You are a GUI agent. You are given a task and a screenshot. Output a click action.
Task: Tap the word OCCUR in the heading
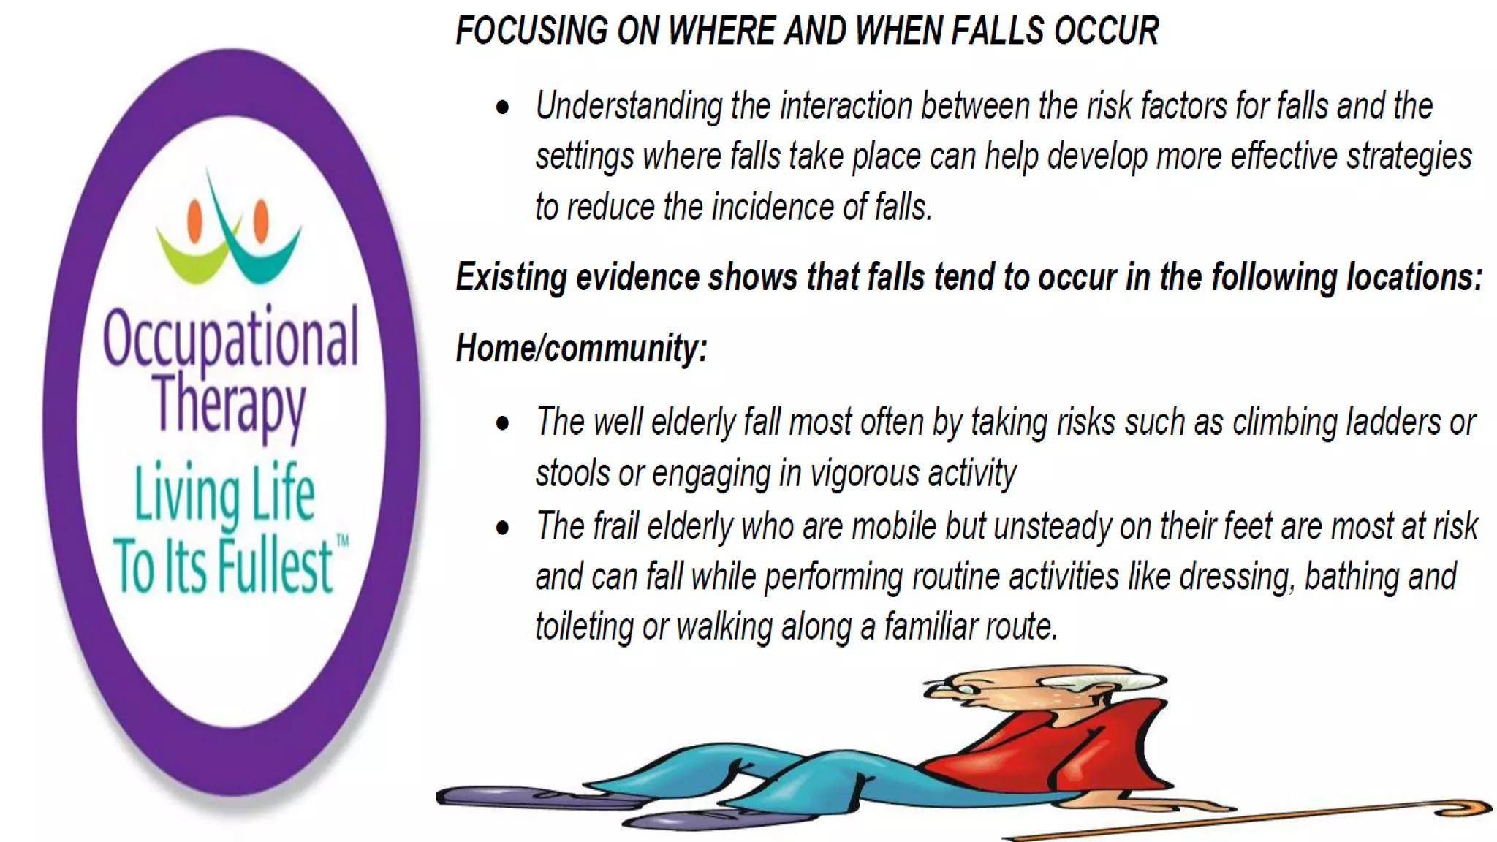(x=1105, y=31)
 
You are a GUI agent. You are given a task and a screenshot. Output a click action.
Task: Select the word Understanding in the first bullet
(x=629, y=107)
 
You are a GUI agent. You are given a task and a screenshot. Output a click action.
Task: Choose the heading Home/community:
(x=581, y=348)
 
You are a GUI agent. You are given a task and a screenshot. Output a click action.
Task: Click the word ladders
(x=1393, y=422)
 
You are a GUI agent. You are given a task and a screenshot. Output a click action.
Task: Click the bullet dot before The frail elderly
(x=502, y=528)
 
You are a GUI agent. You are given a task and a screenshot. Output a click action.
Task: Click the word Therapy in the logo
(x=229, y=403)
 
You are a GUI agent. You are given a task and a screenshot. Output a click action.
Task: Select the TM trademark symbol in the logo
(x=342, y=542)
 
